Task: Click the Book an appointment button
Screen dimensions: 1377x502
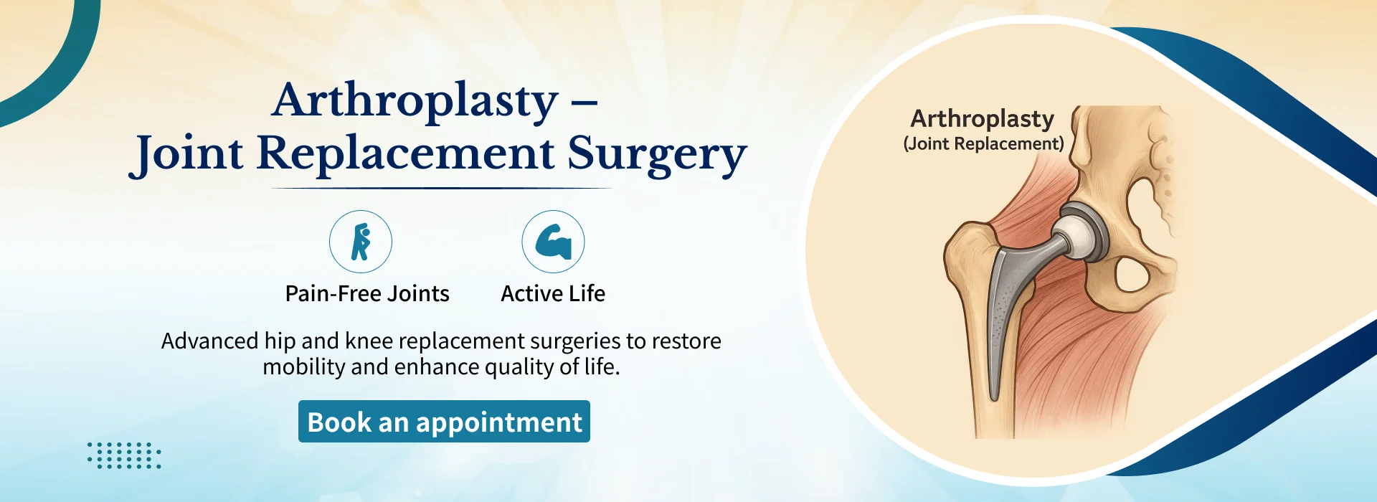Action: pyautogui.click(x=444, y=422)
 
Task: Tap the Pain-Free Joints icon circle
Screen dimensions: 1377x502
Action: pyautogui.click(x=361, y=242)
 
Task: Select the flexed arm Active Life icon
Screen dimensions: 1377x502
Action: pyautogui.click(x=553, y=242)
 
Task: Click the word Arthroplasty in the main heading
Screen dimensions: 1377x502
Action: pyautogui.click(x=415, y=101)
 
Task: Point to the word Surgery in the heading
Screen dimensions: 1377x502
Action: pyautogui.click(x=657, y=155)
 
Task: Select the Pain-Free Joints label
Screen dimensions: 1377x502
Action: pyautogui.click(x=367, y=293)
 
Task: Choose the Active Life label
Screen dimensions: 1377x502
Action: pyautogui.click(x=553, y=293)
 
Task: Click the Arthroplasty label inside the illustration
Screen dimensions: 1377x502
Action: pyautogui.click(x=983, y=119)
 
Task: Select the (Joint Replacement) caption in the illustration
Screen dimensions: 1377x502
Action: pyautogui.click(x=983, y=143)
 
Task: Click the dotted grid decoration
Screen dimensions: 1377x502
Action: pyautogui.click(x=124, y=455)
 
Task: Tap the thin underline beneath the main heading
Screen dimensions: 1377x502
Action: pyautogui.click(x=442, y=188)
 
